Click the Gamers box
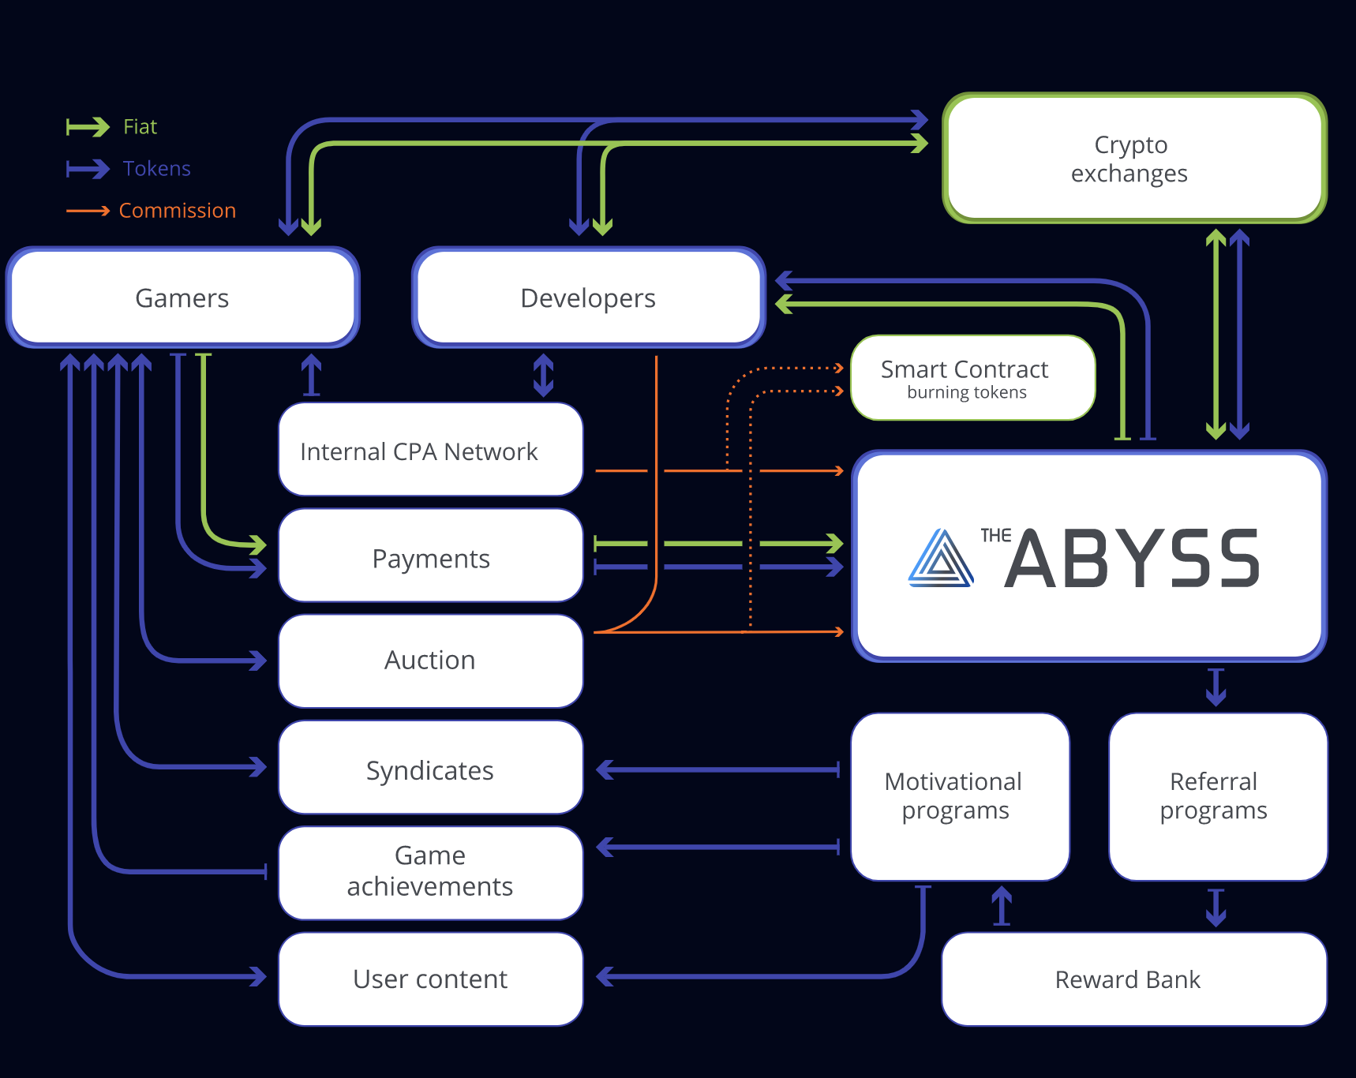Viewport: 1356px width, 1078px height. [x=182, y=298]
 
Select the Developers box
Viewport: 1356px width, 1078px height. [x=588, y=298]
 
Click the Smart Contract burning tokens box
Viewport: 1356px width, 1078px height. [x=972, y=378]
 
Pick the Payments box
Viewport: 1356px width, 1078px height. [x=431, y=557]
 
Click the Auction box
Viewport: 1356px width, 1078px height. [x=431, y=661]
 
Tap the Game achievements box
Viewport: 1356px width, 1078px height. [x=431, y=872]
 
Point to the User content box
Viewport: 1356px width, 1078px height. [x=431, y=979]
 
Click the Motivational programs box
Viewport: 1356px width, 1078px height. [x=960, y=795]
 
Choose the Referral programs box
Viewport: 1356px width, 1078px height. [x=1217, y=795]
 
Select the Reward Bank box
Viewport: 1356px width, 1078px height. [x=1133, y=979]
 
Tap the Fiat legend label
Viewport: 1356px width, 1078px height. [x=140, y=127]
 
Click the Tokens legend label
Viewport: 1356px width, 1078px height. [x=157, y=169]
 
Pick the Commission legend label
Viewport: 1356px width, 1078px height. [x=178, y=211]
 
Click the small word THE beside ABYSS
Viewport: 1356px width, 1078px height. [x=995, y=536]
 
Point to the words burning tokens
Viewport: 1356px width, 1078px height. [x=967, y=393]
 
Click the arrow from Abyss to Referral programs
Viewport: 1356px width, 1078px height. [x=1216, y=687]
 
